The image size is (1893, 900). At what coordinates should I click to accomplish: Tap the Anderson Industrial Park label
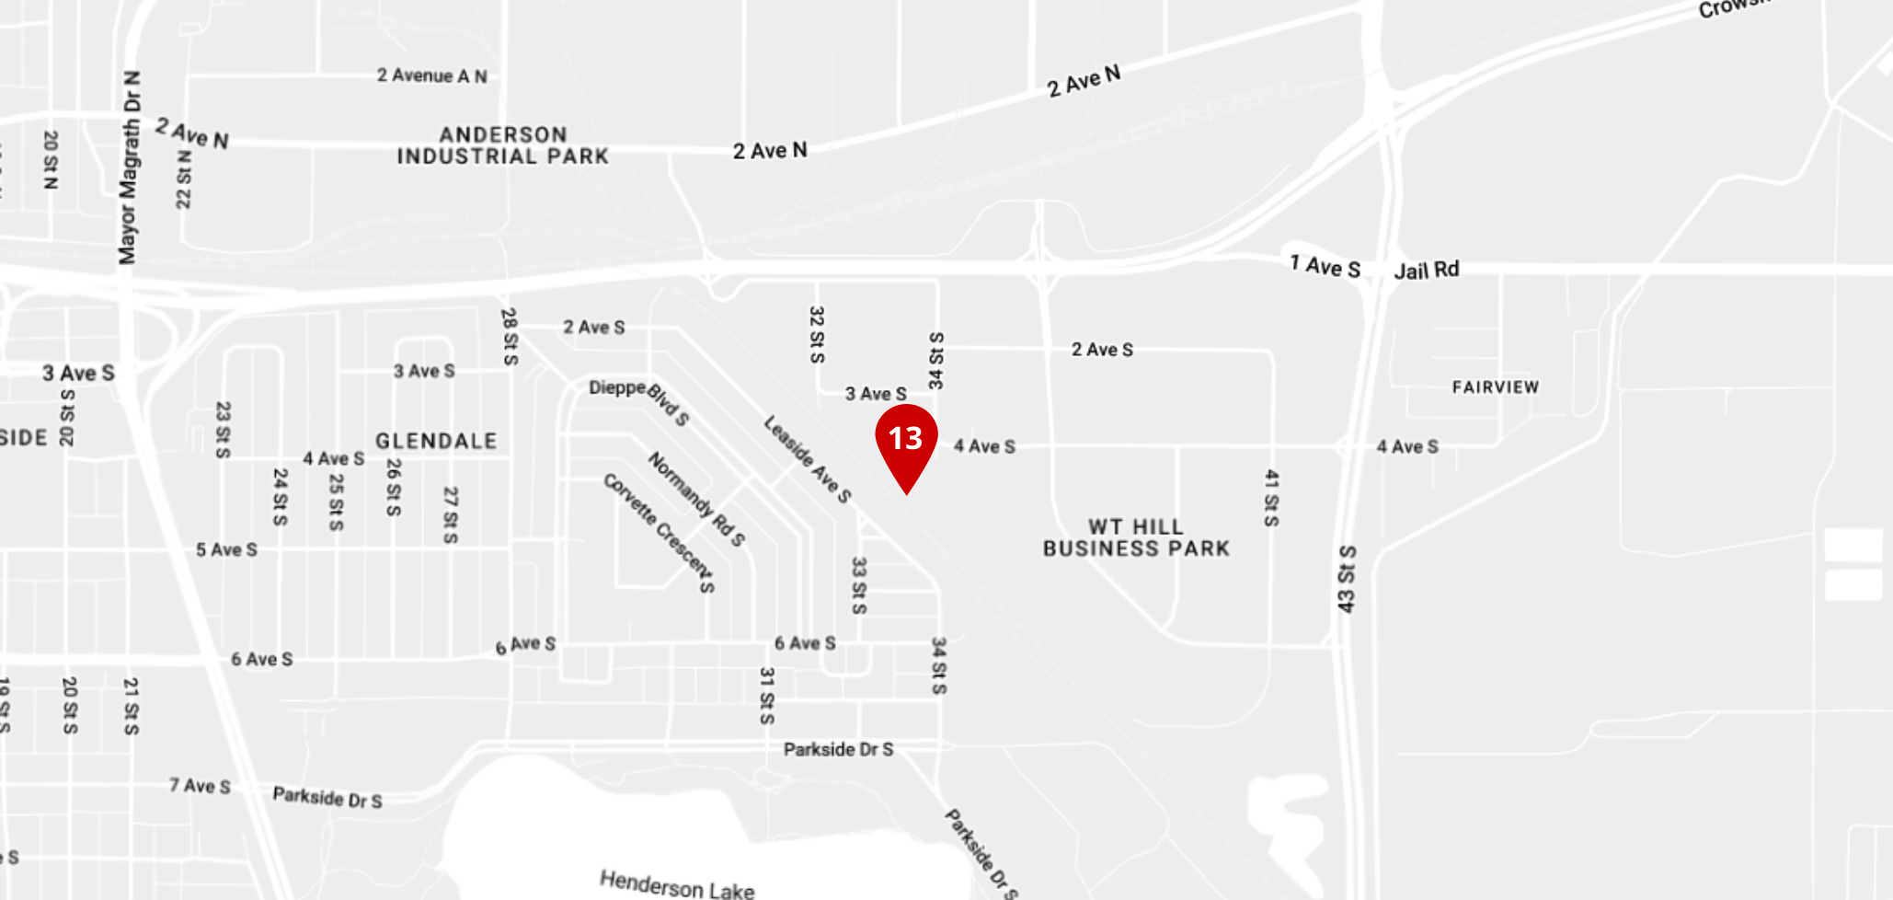(x=502, y=145)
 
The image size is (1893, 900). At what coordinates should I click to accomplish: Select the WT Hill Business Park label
(x=1136, y=538)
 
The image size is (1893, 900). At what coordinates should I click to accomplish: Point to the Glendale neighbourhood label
(x=436, y=442)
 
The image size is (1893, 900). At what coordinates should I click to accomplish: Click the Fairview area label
(x=1495, y=387)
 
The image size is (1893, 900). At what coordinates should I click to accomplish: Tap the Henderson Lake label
(x=677, y=884)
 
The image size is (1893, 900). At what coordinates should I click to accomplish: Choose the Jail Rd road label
(x=1426, y=270)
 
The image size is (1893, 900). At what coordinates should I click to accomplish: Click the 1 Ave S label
(x=1325, y=267)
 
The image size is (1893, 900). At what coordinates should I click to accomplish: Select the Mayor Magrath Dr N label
(x=130, y=167)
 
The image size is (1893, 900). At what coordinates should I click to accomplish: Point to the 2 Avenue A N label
(x=431, y=75)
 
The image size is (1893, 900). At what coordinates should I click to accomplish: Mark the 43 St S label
(x=1347, y=579)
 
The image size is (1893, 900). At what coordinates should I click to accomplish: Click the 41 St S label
(x=1271, y=498)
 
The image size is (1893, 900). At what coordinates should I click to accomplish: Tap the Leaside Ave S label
(x=808, y=459)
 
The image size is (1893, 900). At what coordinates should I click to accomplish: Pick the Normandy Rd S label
(x=696, y=499)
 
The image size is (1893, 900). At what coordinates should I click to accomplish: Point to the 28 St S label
(x=510, y=336)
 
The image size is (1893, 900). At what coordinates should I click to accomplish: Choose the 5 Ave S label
(x=226, y=550)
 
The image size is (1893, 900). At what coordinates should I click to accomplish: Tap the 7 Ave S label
(x=200, y=786)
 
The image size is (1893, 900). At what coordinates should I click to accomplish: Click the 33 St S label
(x=858, y=585)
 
